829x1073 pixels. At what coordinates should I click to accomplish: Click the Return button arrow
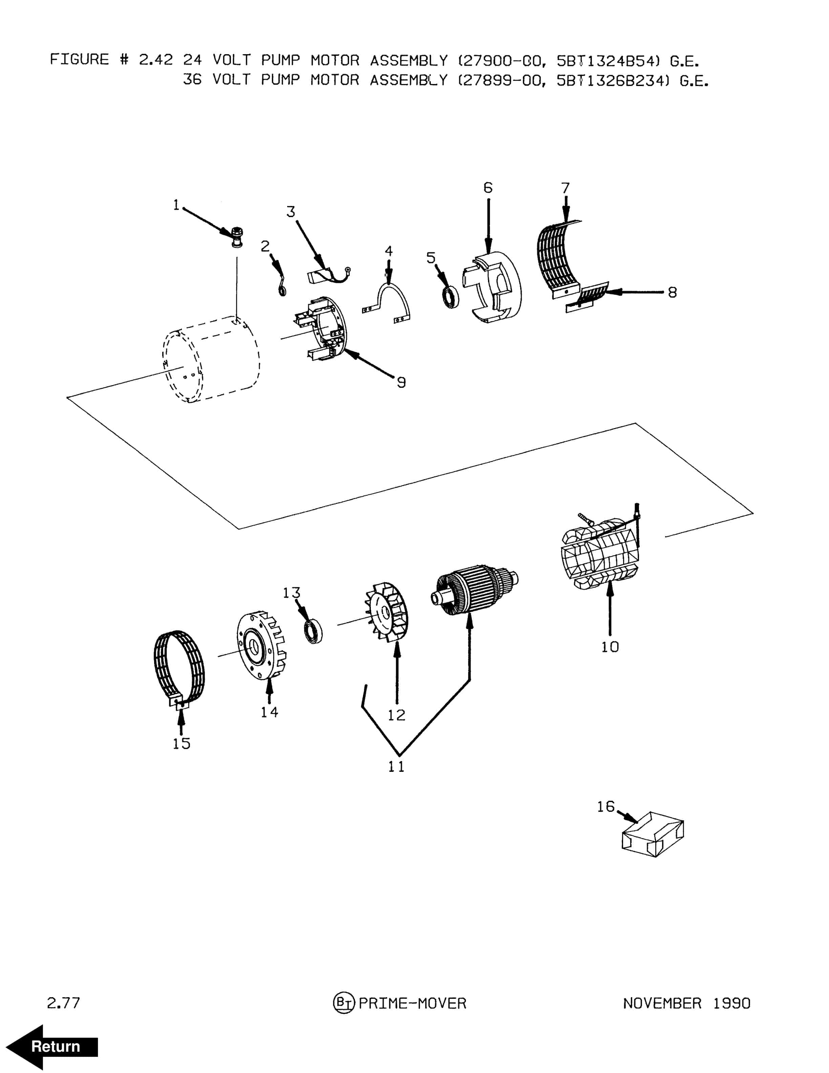click(51, 1047)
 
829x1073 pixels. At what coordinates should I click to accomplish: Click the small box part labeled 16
click(653, 834)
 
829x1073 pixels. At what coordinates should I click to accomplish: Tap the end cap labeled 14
click(261, 645)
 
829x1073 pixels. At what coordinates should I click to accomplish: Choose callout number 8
click(672, 293)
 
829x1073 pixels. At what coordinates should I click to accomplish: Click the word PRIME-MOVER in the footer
click(412, 1003)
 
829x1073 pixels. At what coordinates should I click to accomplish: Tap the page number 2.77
click(63, 1003)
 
